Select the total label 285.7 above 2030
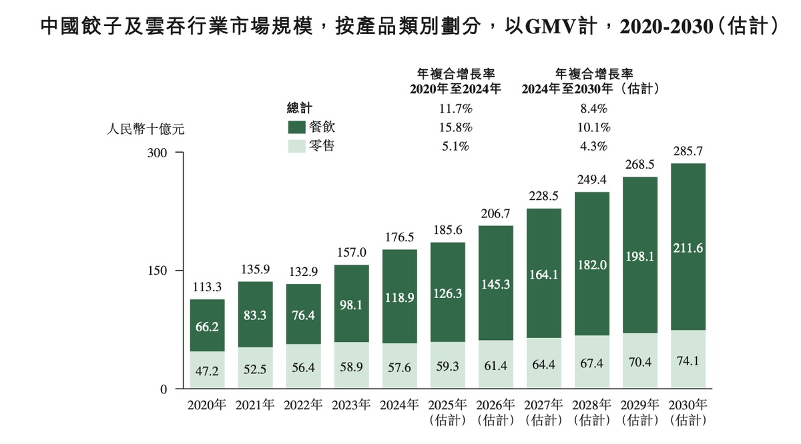688,151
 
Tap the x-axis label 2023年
351,405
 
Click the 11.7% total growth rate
457,109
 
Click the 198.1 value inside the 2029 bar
640,255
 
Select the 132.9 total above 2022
303,272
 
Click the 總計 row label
300,108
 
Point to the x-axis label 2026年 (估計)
495,413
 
